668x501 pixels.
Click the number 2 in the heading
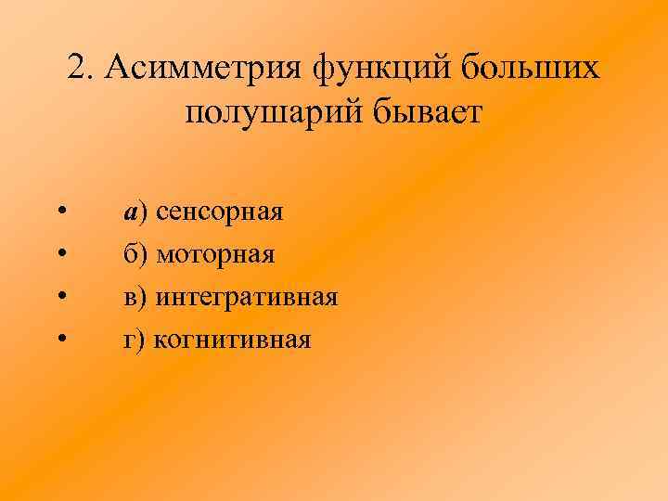(78, 68)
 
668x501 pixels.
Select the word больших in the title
(528, 68)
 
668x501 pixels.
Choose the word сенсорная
(219, 212)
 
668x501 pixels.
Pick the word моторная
(215, 255)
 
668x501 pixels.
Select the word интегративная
(246, 298)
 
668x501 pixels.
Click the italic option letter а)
(135, 212)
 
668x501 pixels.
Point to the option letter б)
(135, 254)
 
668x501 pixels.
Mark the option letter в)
(135, 298)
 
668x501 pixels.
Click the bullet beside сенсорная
(60, 212)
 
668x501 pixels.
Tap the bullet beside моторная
(60, 255)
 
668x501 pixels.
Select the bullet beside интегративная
(60, 298)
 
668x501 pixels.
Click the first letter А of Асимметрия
(119, 67)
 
